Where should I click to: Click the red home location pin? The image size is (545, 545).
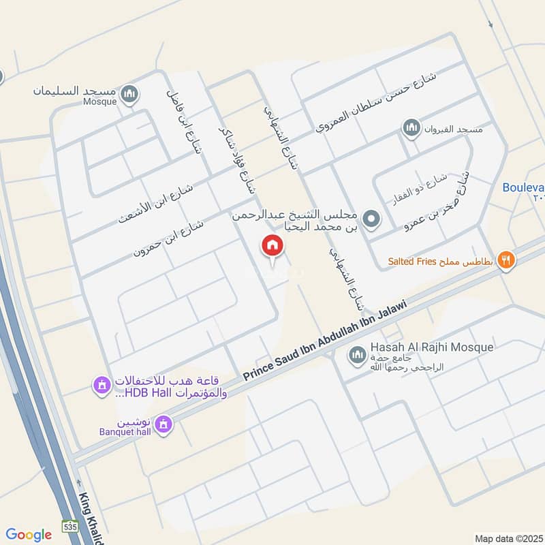point(272,246)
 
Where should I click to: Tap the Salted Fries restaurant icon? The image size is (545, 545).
point(505,259)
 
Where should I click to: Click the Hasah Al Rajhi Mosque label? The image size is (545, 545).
point(431,347)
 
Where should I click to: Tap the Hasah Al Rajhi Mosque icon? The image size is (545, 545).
point(356,354)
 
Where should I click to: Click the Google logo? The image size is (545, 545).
point(29,535)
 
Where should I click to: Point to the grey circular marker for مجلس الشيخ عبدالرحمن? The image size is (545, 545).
point(371,219)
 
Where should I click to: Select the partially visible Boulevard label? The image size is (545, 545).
point(523,187)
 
